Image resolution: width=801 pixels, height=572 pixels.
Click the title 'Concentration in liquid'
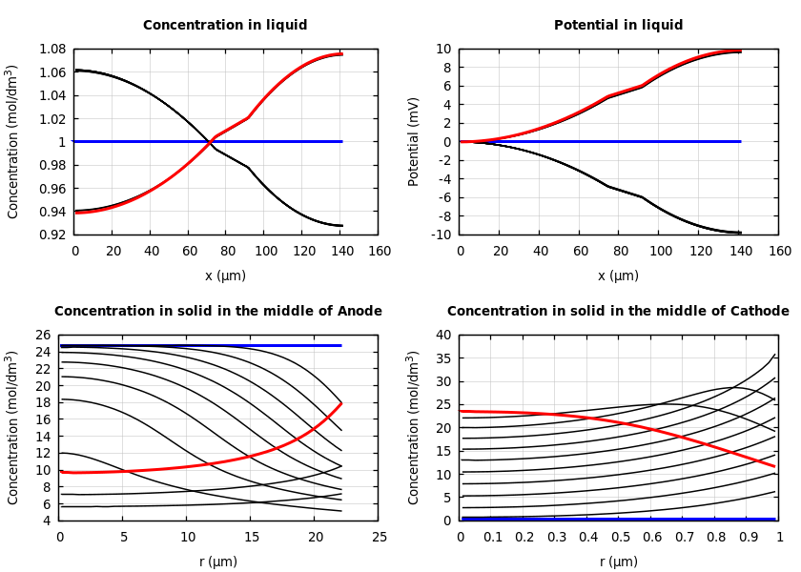(x=225, y=26)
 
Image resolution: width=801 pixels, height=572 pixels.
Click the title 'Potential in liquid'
(x=618, y=26)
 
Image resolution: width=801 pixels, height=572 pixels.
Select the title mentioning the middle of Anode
(x=218, y=312)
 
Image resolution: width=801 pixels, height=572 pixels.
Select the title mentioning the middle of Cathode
(x=618, y=312)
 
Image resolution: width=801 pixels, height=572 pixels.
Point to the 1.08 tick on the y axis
(x=51, y=49)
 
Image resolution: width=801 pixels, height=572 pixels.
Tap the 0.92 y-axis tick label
(x=51, y=235)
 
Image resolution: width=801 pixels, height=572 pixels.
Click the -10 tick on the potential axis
(x=442, y=235)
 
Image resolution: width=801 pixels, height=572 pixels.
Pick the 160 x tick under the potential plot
(x=780, y=252)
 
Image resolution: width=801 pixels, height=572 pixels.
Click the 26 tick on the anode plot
(x=43, y=335)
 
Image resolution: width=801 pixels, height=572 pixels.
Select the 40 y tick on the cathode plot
(x=442, y=335)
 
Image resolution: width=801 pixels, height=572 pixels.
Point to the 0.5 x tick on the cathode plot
(x=620, y=538)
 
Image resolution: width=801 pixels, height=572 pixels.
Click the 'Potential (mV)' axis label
(x=414, y=141)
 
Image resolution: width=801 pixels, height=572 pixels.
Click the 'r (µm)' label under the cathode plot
(x=618, y=562)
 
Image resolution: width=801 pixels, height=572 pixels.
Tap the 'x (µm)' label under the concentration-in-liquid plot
(x=225, y=276)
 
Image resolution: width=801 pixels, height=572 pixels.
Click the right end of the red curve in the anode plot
(x=340, y=403)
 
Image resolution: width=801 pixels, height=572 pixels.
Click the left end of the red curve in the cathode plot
(x=462, y=411)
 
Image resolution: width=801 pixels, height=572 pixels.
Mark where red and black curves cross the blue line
(x=209, y=141)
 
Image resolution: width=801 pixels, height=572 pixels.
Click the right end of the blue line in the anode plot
(x=340, y=345)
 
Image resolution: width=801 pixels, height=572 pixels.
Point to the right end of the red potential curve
(x=740, y=51)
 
